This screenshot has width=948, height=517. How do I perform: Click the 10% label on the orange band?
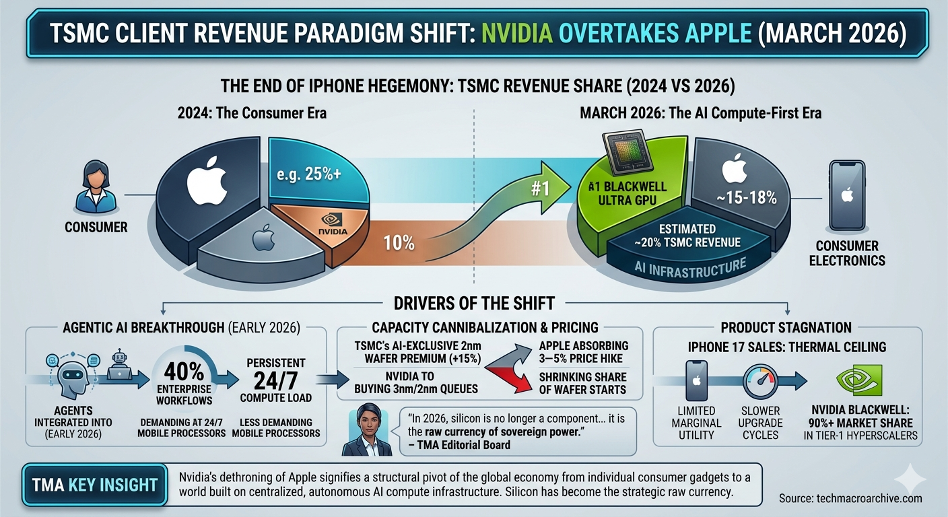pos(399,242)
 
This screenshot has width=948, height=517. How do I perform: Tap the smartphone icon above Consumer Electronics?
pos(847,195)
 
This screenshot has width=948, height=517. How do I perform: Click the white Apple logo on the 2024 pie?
pos(207,182)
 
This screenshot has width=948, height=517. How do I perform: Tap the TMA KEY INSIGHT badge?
pos(96,485)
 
